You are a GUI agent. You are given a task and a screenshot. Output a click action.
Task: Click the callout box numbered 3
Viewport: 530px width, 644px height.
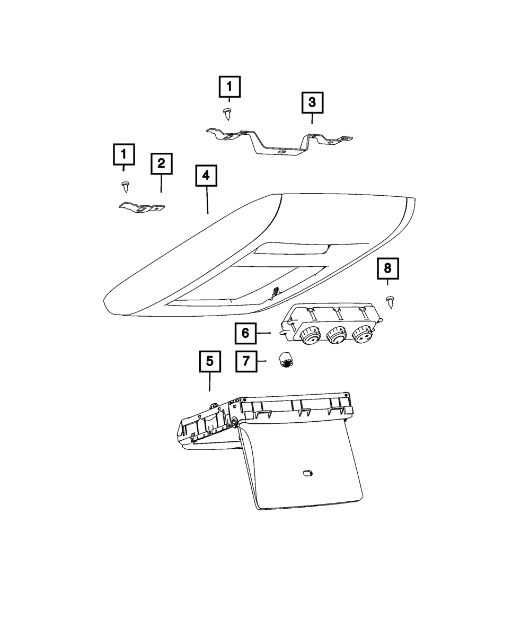(x=312, y=102)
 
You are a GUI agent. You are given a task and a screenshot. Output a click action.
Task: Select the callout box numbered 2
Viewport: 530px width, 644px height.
(x=161, y=163)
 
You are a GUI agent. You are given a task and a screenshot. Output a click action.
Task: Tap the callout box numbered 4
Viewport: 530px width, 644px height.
(x=206, y=176)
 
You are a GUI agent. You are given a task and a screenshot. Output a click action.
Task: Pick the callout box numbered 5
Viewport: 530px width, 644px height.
(x=210, y=361)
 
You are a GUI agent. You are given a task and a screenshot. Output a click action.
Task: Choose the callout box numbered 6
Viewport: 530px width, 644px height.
(x=245, y=333)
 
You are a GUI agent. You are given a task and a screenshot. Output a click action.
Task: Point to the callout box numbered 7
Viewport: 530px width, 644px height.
(x=245, y=362)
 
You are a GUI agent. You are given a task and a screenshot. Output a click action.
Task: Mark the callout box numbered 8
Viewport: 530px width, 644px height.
(x=387, y=269)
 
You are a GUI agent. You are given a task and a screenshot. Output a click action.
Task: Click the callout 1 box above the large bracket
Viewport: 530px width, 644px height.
(x=229, y=86)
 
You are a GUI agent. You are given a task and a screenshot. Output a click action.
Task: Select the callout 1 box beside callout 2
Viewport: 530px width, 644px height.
(x=123, y=154)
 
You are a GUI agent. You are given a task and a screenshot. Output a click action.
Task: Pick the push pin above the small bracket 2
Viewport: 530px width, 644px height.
(x=125, y=186)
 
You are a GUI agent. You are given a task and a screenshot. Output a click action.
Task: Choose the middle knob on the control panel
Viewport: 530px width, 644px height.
(x=337, y=336)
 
